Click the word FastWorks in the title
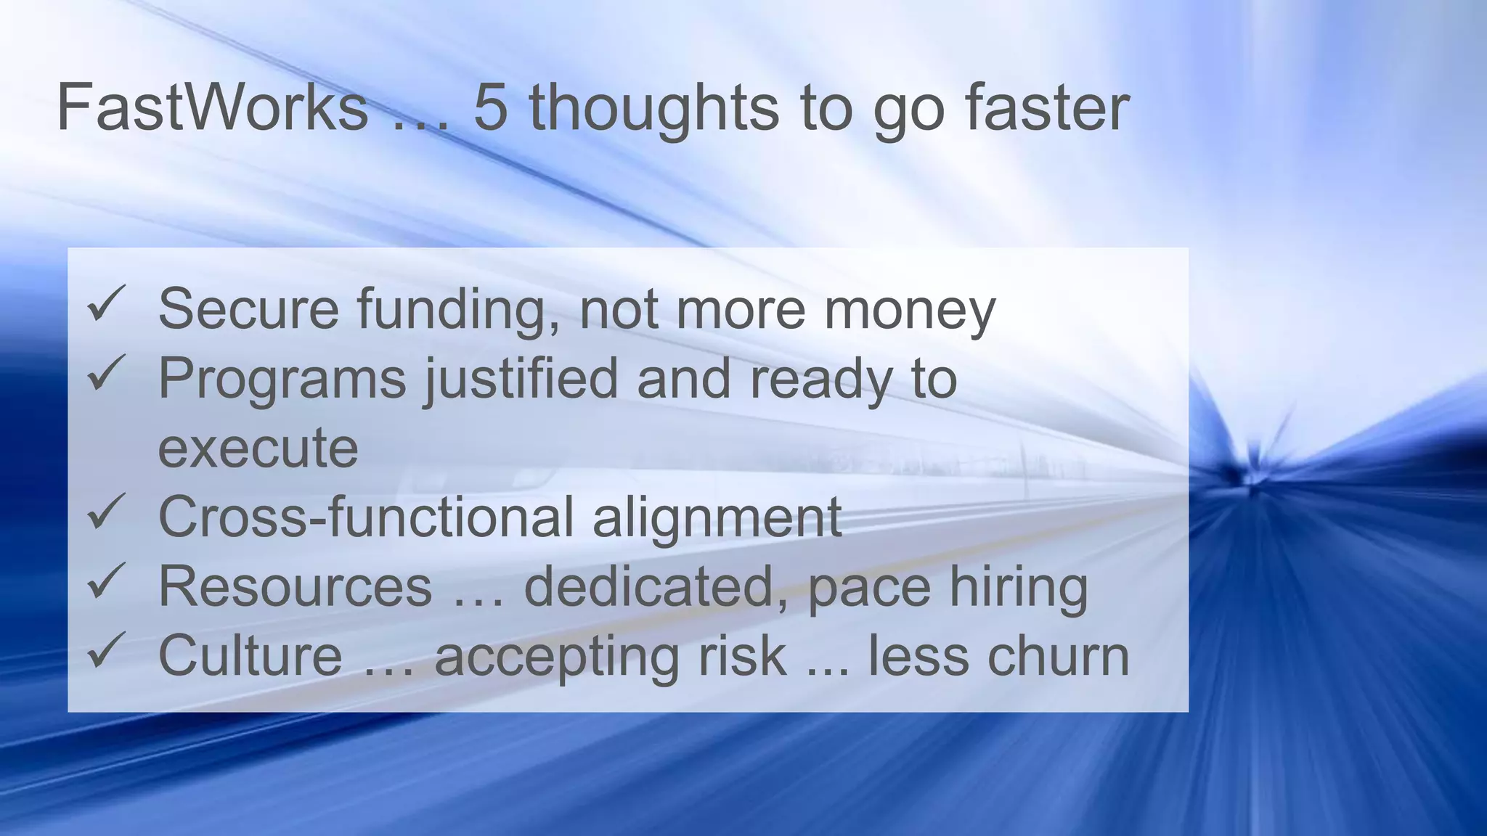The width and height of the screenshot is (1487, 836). [x=212, y=107]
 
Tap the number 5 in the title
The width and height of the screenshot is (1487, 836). [x=490, y=107]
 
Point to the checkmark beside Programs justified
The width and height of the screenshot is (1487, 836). [x=106, y=373]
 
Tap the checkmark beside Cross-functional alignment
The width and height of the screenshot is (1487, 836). [x=106, y=512]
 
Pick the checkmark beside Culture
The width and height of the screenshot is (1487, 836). [x=106, y=650]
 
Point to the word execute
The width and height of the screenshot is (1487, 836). [x=258, y=448]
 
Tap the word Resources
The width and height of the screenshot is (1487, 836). [x=295, y=586]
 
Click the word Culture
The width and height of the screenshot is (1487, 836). [x=250, y=655]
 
